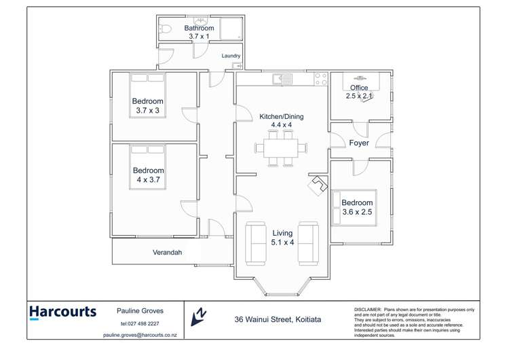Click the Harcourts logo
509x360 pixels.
62,312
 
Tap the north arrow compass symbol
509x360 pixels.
199,314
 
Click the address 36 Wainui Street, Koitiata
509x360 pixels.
278,319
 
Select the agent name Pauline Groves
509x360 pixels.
140,310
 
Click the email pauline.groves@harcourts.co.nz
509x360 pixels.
140,335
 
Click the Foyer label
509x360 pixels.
359,143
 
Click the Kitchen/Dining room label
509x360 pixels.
282,116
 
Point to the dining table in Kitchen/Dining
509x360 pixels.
281,147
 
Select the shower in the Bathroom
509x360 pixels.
231,29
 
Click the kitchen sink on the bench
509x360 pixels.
282,79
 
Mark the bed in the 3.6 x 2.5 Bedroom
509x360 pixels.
353,206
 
